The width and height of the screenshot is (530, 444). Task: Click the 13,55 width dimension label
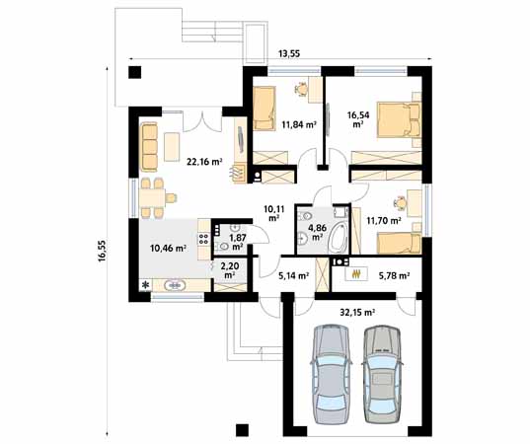[289, 53]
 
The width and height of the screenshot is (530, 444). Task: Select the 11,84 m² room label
[298, 125]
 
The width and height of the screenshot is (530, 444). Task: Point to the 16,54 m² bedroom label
[357, 120]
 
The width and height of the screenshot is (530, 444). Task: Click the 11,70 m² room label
[383, 221]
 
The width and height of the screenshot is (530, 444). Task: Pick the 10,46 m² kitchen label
[168, 249]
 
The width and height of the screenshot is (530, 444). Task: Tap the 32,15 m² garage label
[356, 312]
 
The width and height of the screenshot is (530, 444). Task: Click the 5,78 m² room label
[393, 276]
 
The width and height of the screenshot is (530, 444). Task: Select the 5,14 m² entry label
[293, 276]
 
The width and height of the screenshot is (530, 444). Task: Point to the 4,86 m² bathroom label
[318, 233]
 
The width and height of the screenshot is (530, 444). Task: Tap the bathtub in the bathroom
[339, 231]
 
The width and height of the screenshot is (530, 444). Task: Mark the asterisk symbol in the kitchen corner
[146, 285]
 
